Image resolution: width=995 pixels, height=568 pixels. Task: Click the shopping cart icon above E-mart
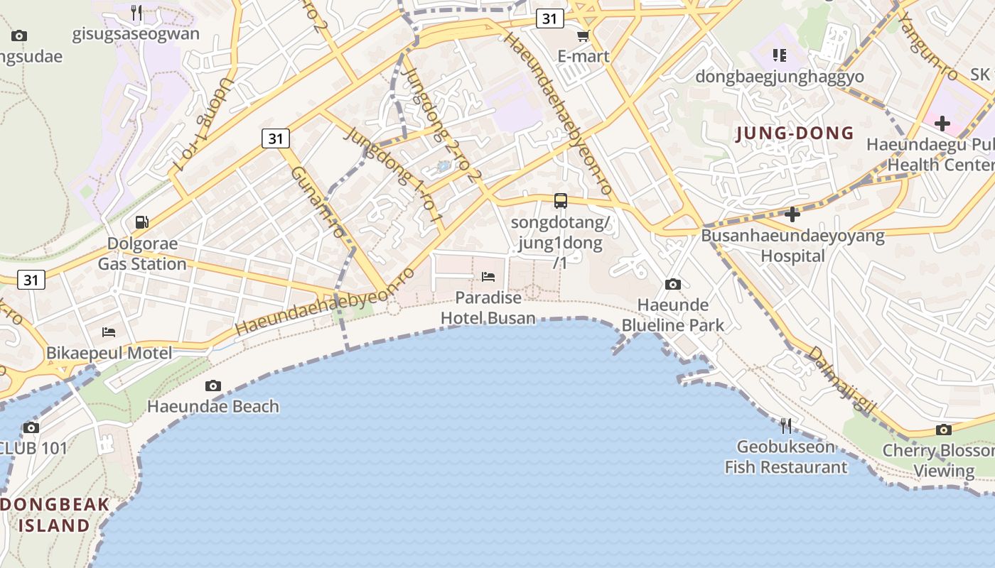tap(583, 35)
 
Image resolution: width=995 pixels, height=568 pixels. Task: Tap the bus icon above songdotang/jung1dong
tap(561, 201)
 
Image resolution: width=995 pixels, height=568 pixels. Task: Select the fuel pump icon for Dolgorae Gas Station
tap(142, 222)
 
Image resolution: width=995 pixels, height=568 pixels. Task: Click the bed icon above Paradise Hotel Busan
tap(488, 276)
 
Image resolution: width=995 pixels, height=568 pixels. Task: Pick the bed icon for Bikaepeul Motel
tap(109, 332)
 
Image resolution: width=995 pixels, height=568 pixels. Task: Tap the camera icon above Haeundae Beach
tap(213, 386)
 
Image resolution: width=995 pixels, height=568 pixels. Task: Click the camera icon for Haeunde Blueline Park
tap(672, 285)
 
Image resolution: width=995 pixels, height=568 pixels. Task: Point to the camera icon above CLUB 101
tap(31, 427)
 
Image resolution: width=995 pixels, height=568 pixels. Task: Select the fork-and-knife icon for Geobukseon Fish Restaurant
tap(785, 425)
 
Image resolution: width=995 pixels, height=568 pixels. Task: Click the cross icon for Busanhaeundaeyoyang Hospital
tap(792, 214)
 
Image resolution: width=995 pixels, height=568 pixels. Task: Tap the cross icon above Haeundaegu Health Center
tap(942, 124)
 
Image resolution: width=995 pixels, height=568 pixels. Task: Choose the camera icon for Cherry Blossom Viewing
tap(944, 430)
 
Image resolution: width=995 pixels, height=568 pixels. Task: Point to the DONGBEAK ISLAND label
tap(55, 515)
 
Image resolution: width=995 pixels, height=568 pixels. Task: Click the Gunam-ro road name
tap(318, 202)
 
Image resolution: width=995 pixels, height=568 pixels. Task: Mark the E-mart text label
tap(583, 56)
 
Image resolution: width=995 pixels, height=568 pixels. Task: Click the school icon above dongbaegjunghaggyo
tap(780, 55)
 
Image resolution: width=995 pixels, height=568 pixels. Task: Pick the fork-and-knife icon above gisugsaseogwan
tap(136, 12)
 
